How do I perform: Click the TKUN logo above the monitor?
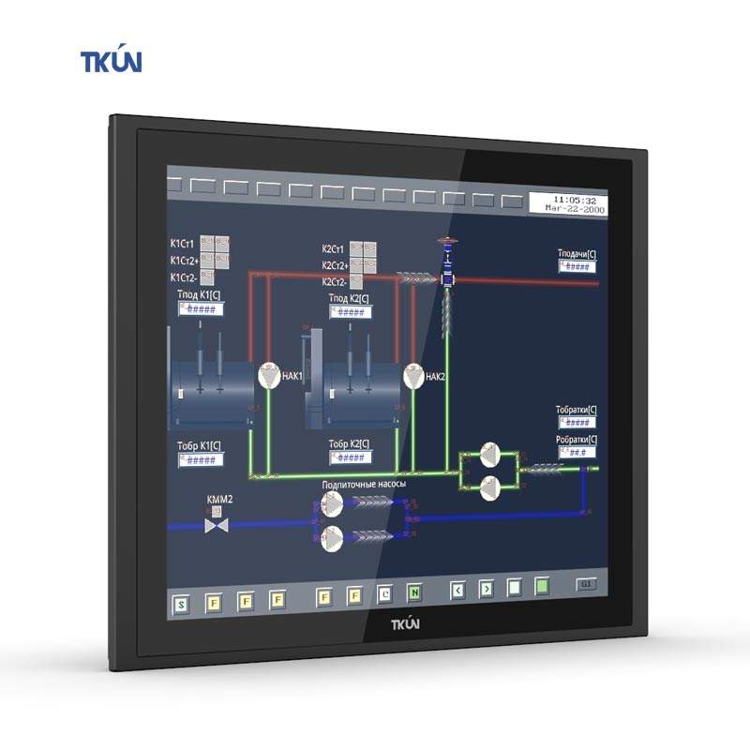click(x=111, y=62)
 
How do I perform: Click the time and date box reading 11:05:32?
click(x=569, y=204)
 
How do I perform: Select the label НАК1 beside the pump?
click(x=292, y=377)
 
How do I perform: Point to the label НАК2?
click(x=435, y=377)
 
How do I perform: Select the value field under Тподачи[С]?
click(x=578, y=266)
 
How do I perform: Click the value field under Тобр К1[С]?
click(x=200, y=460)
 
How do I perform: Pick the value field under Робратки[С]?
click(x=578, y=452)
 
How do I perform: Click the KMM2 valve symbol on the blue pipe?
click(x=217, y=526)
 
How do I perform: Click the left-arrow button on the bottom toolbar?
click(x=457, y=591)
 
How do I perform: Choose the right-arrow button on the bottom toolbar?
click(x=486, y=590)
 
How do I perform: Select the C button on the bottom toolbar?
click(x=385, y=593)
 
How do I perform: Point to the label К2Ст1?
click(x=334, y=249)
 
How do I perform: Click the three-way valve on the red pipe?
click(x=448, y=278)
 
